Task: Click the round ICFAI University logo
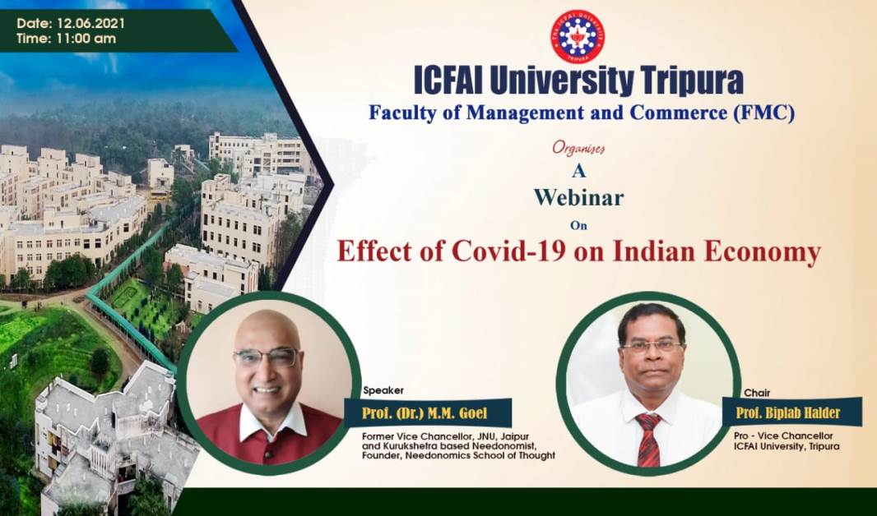[x=578, y=36]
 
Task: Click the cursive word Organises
[x=578, y=148]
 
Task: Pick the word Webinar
[x=578, y=197]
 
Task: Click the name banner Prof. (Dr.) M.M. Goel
[x=427, y=413]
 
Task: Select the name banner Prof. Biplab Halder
[x=791, y=412]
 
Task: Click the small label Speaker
[x=383, y=390]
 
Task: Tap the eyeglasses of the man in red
[x=267, y=357]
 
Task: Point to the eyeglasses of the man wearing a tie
[x=652, y=346]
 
